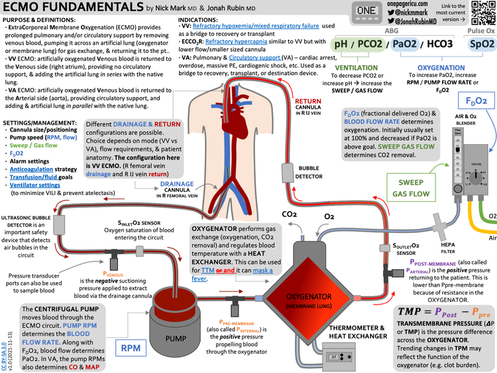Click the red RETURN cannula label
(x=309, y=104)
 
